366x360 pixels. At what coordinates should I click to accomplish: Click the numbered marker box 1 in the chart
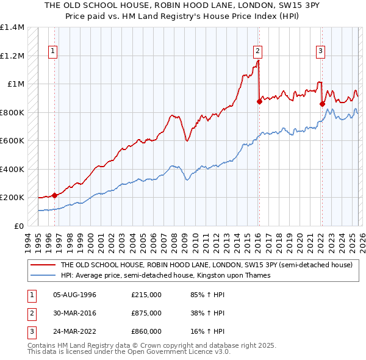click(x=54, y=51)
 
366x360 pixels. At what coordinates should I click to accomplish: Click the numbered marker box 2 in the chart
click(x=258, y=51)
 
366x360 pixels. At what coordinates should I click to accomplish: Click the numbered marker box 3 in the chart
click(x=320, y=51)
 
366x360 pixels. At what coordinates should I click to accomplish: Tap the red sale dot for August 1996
click(x=54, y=195)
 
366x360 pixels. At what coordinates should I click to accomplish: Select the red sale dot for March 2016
click(x=259, y=102)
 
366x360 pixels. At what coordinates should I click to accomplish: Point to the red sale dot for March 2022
click(x=321, y=104)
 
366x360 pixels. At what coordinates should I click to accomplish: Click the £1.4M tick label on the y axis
click(x=12, y=27)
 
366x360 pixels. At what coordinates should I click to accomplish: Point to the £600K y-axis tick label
click(x=12, y=141)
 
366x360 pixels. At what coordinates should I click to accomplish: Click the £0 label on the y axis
click(x=18, y=226)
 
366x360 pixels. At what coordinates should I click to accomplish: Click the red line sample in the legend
click(x=43, y=265)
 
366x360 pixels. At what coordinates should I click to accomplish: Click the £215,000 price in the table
click(x=146, y=294)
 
